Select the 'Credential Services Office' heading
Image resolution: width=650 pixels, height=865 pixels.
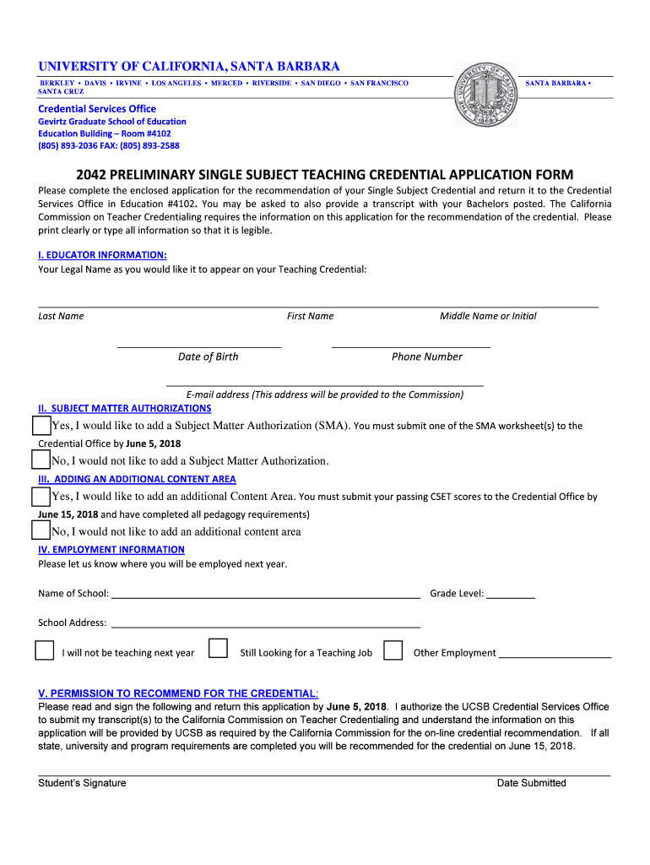point(97,109)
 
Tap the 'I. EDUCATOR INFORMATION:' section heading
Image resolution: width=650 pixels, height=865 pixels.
point(102,255)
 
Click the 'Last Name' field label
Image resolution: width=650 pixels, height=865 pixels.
point(61,316)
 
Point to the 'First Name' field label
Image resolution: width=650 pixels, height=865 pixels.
point(310,316)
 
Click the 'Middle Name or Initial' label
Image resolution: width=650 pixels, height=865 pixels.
point(488,316)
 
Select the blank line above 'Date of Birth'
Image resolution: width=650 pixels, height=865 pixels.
point(199,345)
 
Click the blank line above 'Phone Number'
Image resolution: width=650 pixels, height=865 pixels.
point(411,345)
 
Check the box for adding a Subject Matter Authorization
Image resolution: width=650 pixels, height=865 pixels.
point(41,425)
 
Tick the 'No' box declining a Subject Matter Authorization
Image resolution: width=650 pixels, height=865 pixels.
point(41,460)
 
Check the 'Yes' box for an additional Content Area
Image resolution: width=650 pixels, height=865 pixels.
point(41,496)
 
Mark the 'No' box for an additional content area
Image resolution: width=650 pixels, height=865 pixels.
point(41,530)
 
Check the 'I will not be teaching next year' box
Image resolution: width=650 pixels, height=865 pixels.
point(44,650)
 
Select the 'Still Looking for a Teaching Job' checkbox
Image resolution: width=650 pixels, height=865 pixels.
point(218,649)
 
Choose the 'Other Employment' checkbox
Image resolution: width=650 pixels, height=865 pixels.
point(393,650)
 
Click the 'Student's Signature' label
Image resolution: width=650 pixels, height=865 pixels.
point(82,783)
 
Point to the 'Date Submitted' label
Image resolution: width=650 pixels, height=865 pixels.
point(531,783)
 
